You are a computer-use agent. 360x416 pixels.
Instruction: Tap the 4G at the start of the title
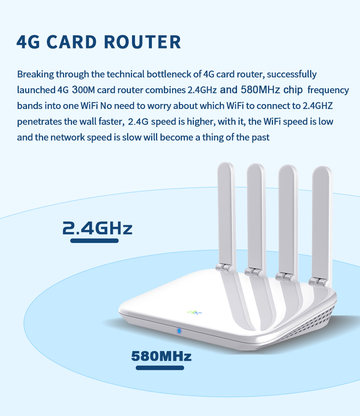28,42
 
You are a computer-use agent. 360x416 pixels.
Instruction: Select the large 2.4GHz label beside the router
97,228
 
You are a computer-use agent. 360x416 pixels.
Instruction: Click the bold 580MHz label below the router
161,356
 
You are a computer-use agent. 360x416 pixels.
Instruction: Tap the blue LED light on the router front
179,331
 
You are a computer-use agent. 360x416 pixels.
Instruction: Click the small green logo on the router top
190,311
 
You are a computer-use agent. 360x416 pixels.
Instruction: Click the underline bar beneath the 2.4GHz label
94,240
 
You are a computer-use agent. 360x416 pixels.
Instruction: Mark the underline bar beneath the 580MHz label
160,368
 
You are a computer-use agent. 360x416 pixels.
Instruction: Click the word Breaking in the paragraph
35,74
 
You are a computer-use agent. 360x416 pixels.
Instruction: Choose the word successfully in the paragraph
292,74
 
